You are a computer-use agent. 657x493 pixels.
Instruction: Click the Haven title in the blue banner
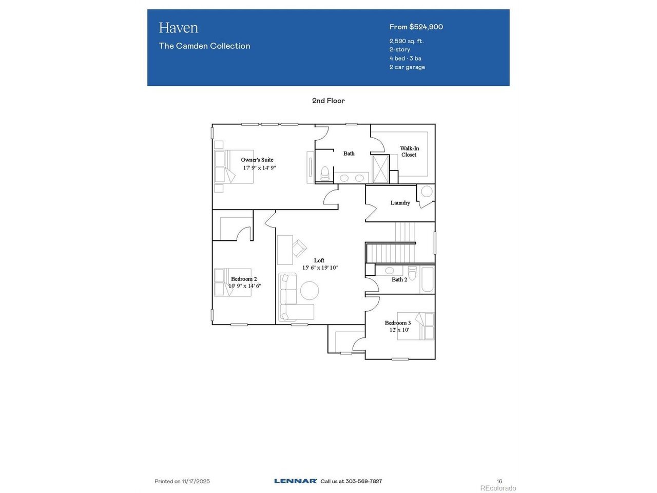coord(179,28)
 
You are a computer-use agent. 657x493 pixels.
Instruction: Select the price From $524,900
coord(416,27)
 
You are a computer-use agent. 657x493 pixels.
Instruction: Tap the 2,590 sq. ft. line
coord(407,41)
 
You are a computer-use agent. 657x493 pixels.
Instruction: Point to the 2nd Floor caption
coord(328,101)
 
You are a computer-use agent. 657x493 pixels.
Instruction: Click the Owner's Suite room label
coord(257,160)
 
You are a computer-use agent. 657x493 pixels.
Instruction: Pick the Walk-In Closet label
coord(409,151)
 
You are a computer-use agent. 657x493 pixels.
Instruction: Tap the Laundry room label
coord(400,203)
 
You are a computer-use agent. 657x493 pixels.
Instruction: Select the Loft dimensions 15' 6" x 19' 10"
coord(320,268)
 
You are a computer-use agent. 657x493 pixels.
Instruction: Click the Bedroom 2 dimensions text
coord(245,286)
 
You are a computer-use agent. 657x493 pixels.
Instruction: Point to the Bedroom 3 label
coord(398,323)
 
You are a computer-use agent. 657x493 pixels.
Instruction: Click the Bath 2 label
coord(399,279)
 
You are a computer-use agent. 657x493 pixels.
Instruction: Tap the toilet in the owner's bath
coord(325,173)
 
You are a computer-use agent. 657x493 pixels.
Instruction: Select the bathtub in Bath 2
coord(427,279)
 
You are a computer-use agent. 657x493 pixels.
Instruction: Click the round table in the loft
coord(310,290)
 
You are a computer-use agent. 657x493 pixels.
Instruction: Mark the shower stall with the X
coord(380,169)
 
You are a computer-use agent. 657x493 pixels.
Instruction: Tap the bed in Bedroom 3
coord(416,326)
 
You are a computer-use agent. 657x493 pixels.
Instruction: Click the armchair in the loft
coord(299,248)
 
